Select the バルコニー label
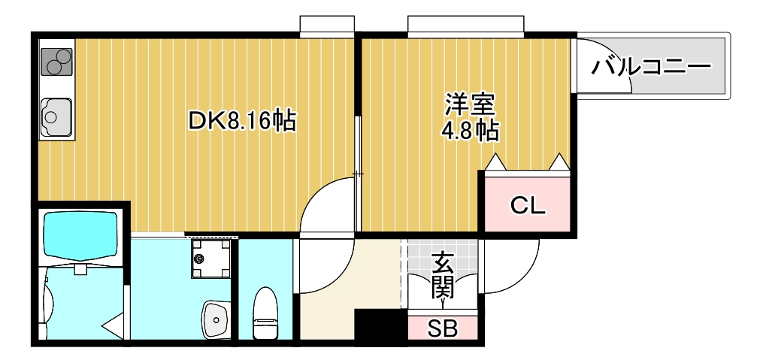click(x=650, y=67)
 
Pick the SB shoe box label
click(x=443, y=328)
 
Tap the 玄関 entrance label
click(x=443, y=275)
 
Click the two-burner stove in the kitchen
click(x=56, y=62)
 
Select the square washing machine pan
click(x=210, y=258)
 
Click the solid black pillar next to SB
click(x=380, y=328)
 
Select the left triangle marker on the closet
click(x=495, y=162)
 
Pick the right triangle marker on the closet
click(x=559, y=162)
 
